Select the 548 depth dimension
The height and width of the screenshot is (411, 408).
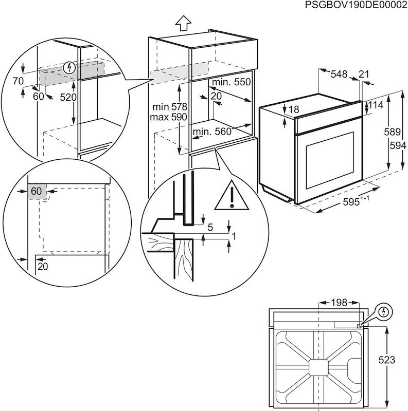pyautogui.click(x=339, y=74)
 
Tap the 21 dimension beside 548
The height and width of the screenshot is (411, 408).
pyautogui.click(x=364, y=74)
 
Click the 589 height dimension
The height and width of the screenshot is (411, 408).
pyautogui.click(x=393, y=132)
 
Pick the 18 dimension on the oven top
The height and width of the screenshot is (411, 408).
pyautogui.click(x=293, y=109)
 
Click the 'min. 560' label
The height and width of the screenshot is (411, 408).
pyautogui.click(x=211, y=132)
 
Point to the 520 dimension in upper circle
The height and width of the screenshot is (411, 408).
pyautogui.click(x=67, y=97)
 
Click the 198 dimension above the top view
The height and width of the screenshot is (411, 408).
pyautogui.click(x=339, y=303)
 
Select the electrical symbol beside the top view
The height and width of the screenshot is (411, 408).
pyautogui.click(x=383, y=311)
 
